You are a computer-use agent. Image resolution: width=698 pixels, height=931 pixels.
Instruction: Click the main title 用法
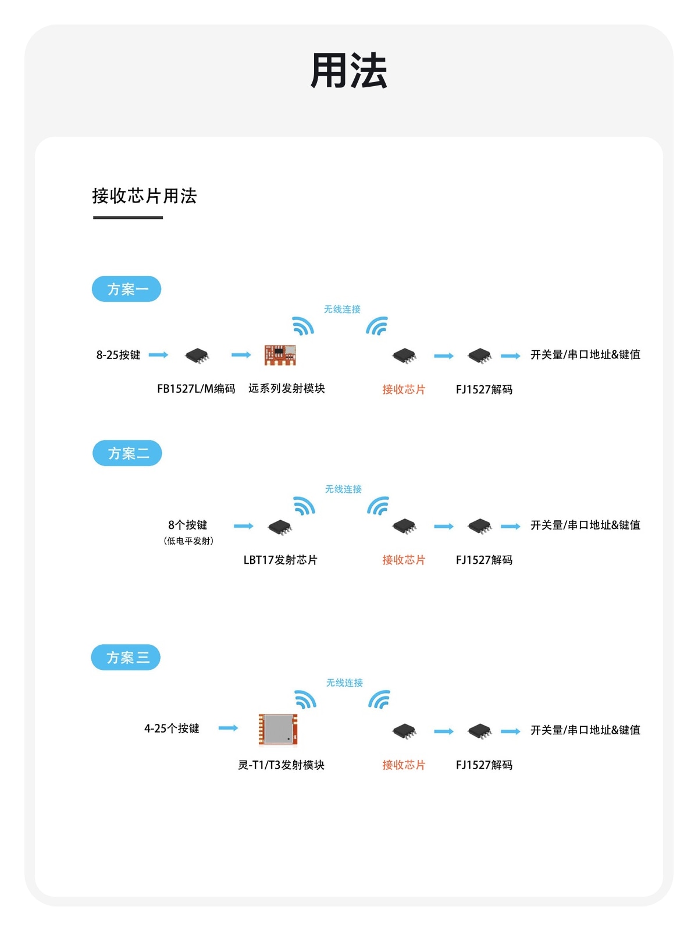click(x=348, y=71)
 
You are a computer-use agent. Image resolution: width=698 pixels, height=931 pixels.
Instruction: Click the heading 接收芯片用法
click(x=144, y=196)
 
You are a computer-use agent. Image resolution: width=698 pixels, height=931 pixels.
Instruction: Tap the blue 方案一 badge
click(x=126, y=289)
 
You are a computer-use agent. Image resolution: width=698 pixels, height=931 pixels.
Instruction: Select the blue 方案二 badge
click(x=127, y=453)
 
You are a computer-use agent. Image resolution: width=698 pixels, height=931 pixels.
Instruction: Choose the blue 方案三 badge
click(x=126, y=657)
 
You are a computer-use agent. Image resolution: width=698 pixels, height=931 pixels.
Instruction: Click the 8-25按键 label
click(x=118, y=354)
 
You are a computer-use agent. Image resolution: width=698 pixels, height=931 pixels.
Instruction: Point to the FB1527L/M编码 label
click(x=196, y=389)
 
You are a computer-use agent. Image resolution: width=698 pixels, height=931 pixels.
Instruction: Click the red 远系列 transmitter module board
click(x=280, y=355)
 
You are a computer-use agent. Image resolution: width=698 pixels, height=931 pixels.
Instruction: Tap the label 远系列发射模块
click(x=287, y=388)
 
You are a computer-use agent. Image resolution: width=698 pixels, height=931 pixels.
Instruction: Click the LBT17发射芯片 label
click(x=280, y=560)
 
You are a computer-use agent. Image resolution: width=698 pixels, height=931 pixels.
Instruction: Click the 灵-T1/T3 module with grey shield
click(x=278, y=729)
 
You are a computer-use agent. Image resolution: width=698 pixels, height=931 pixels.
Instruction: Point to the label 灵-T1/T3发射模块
click(x=281, y=765)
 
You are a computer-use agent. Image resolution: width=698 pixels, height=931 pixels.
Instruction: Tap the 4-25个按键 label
click(x=172, y=729)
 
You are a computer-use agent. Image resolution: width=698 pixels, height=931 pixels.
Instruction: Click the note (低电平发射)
click(x=188, y=541)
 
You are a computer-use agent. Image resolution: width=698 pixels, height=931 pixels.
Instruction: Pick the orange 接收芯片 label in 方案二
click(x=404, y=560)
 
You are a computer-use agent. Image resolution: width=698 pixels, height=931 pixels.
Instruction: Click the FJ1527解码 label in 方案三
click(x=484, y=765)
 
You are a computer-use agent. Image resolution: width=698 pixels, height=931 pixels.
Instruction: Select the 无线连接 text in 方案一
click(x=342, y=309)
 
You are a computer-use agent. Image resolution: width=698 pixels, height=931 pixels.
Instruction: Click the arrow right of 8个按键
click(x=244, y=526)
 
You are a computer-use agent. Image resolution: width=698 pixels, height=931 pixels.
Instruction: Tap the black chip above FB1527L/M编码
click(x=197, y=356)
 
